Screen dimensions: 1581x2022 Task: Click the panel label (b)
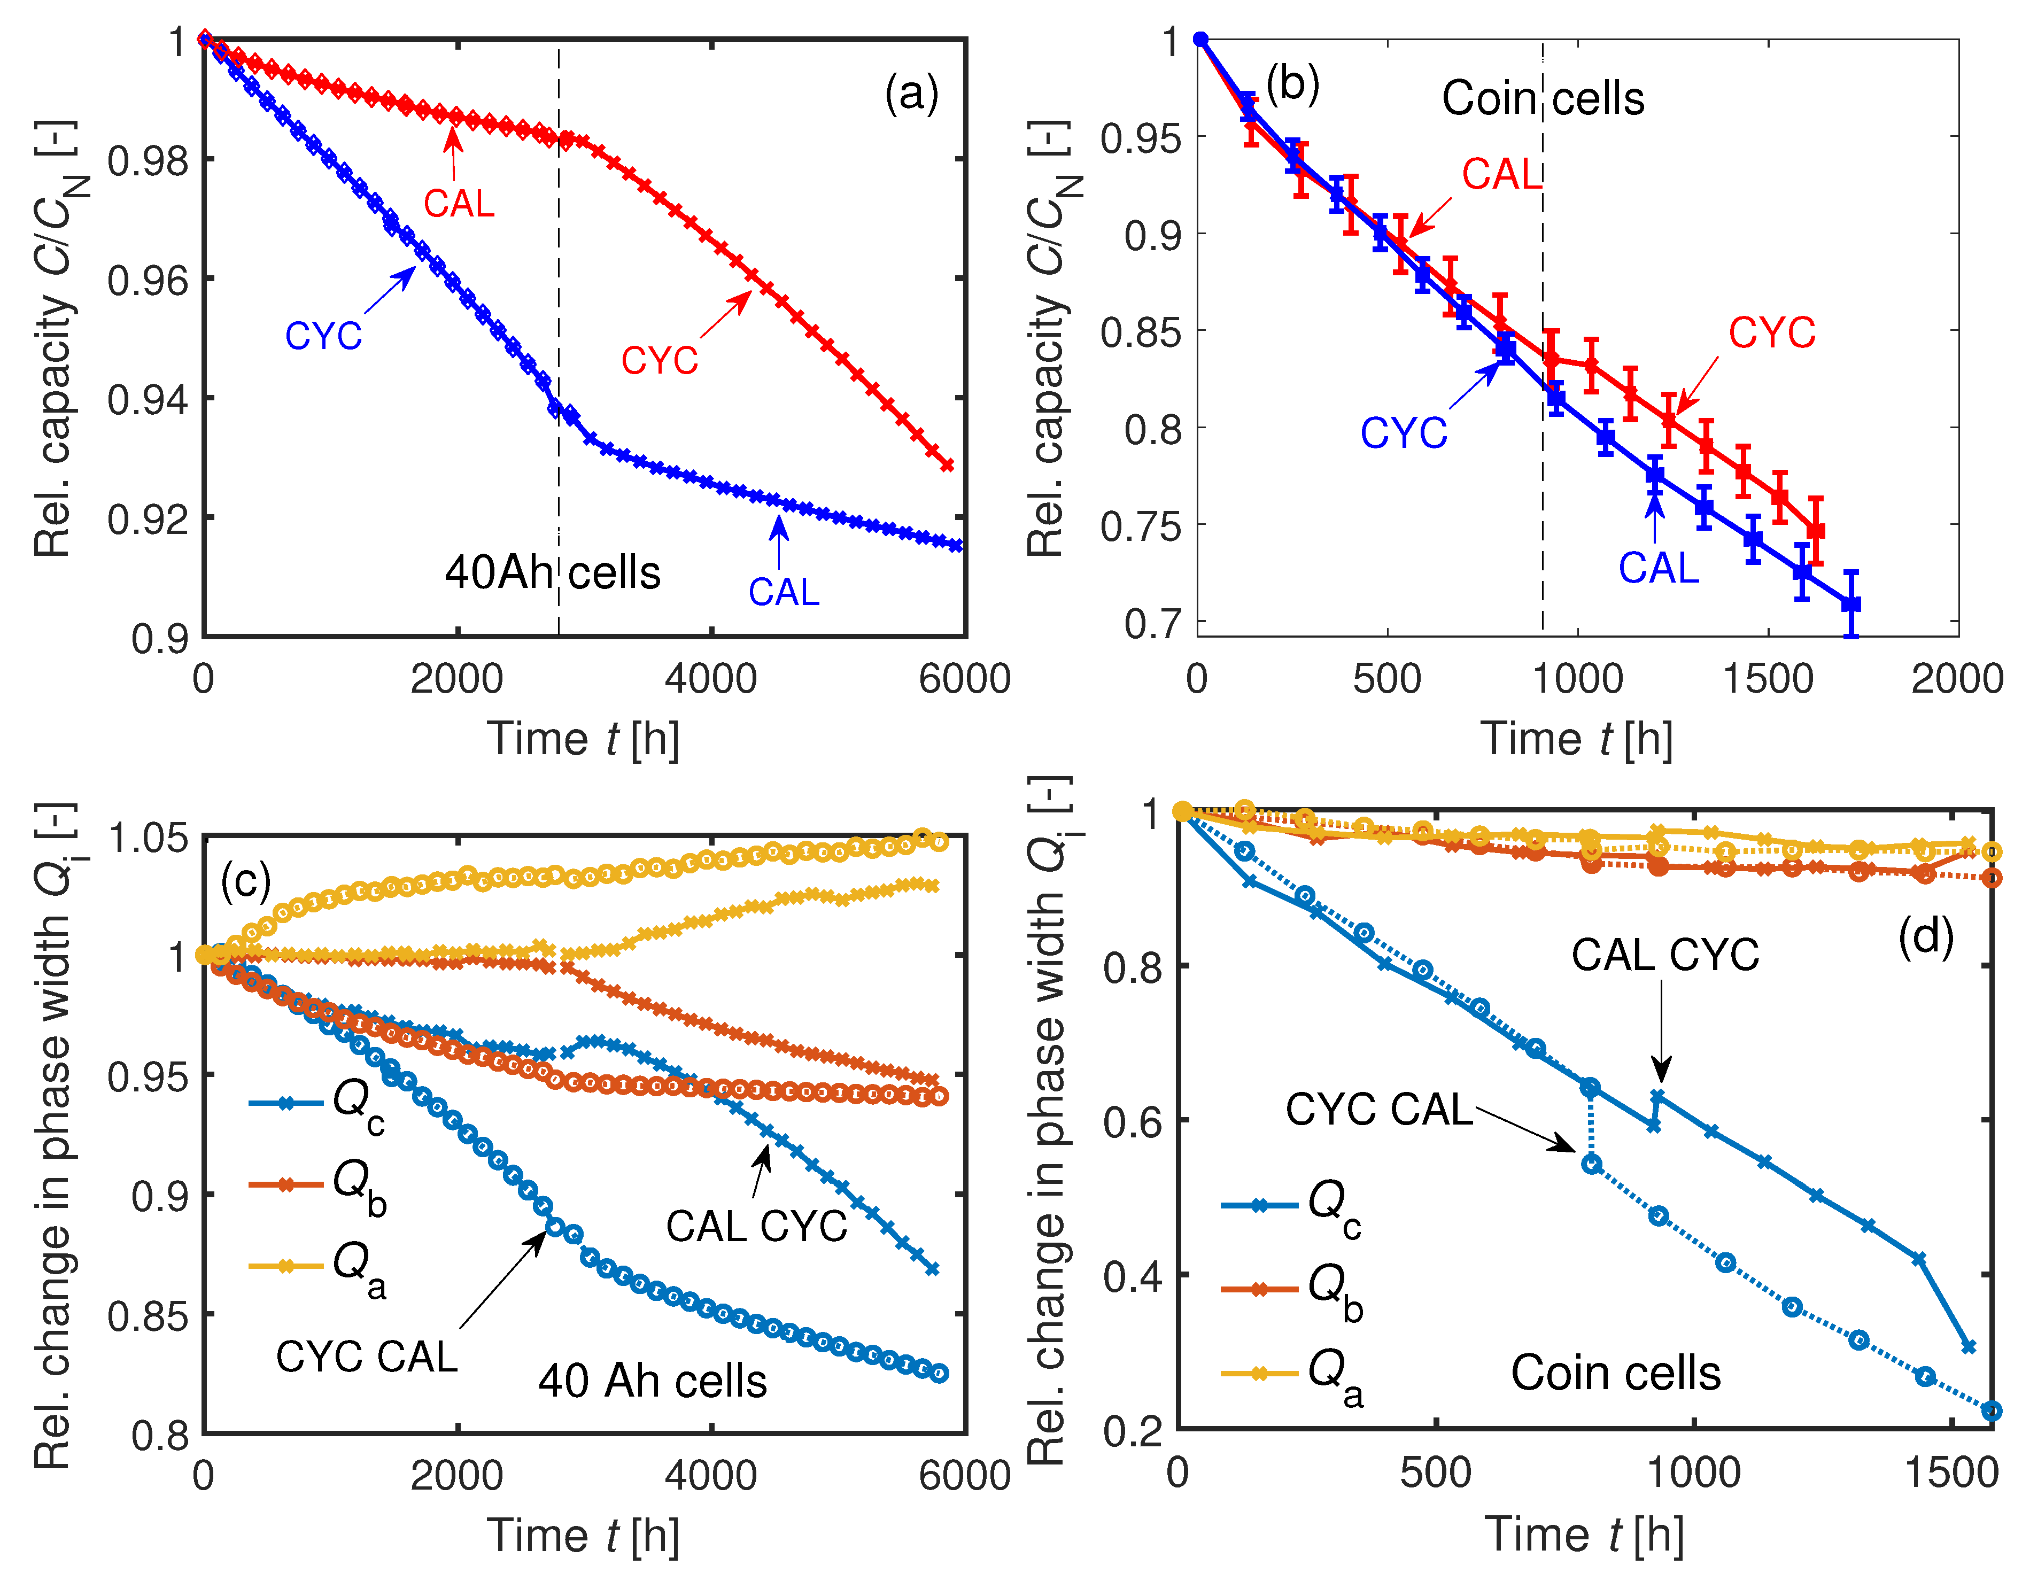(1292, 84)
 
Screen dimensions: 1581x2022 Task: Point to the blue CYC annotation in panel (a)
(323, 336)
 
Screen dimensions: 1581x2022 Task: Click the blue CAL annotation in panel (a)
(783, 592)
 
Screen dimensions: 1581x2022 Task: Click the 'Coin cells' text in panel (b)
(1543, 98)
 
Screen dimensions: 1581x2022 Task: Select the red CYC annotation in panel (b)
(1771, 333)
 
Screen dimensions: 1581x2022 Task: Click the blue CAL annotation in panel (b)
(1658, 568)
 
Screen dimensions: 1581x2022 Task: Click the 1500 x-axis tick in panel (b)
(1768, 679)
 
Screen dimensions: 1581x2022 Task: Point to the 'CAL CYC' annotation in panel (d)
(1664, 955)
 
